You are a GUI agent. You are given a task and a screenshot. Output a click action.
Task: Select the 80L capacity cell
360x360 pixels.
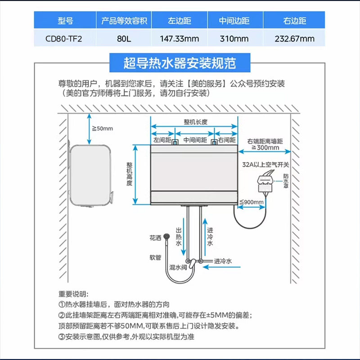[123, 38]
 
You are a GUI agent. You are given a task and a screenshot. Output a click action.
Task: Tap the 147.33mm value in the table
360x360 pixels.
[180, 38]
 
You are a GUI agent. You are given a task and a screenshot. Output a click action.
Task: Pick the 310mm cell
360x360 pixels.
[234, 38]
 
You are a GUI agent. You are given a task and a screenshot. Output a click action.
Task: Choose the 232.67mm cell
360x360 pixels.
[295, 38]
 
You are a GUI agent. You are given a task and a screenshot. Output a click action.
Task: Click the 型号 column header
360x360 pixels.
[65, 21]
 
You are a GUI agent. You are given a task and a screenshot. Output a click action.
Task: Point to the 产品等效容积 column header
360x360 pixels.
[123, 21]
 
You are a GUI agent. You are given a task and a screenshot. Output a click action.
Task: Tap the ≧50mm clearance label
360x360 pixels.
[103, 129]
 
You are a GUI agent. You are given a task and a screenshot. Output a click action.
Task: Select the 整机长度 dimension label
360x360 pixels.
[195, 122]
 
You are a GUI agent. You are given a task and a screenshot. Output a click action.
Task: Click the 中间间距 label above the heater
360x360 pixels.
[195, 140]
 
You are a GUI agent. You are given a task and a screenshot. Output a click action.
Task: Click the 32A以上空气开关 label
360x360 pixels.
[265, 165]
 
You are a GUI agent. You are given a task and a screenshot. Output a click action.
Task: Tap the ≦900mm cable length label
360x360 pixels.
[252, 202]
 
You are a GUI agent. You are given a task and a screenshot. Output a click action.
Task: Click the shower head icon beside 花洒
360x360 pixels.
[167, 236]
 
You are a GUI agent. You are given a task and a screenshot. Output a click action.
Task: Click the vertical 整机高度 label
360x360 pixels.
[129, 174]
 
